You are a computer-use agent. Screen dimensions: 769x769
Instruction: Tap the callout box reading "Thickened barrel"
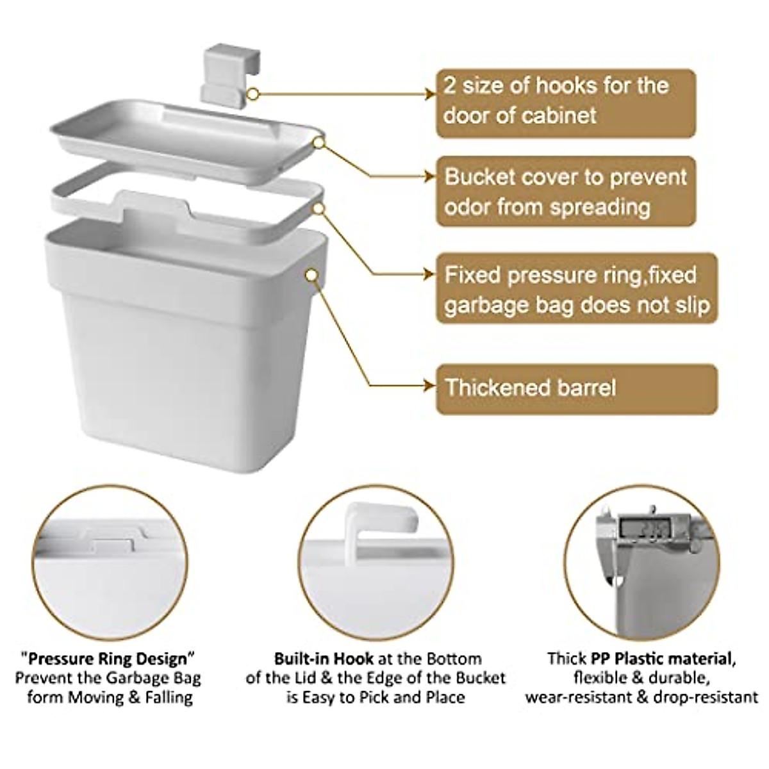[576, 388]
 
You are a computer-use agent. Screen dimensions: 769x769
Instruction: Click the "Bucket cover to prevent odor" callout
[565, 192]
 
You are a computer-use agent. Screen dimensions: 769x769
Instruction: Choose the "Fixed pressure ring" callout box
[576, 290]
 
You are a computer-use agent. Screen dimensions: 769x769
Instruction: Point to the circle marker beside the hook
[253, 94]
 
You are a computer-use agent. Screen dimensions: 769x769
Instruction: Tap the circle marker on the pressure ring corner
[318, 208]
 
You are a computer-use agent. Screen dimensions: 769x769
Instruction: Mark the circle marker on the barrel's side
[312, 274]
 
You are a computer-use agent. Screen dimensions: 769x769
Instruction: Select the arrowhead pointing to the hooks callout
[430, 94]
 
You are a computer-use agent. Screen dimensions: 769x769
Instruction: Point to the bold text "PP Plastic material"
[659, 658]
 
